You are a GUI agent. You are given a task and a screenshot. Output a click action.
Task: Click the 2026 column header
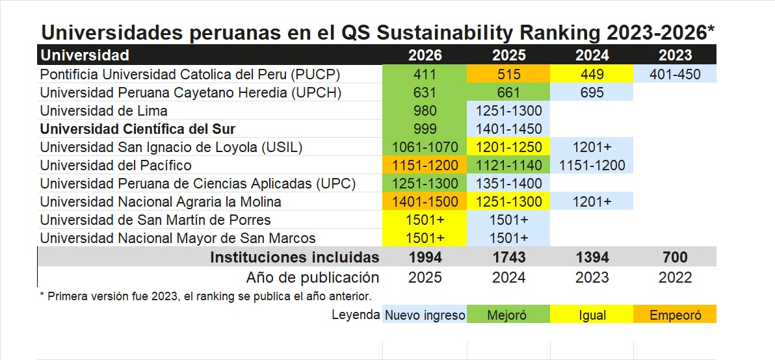pyautogui.click(x=425, y=55)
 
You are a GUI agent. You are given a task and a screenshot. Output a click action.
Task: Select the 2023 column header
pyautogui.click(x=675, y=55)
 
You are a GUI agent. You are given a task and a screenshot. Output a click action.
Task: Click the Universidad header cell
pyautogui.click(x=85, y=55)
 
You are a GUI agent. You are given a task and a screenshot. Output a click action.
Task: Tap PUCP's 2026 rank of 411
pyautogui.click(x=425, y=74)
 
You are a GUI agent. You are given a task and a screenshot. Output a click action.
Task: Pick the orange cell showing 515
pyautogui.click(x=508, y=74)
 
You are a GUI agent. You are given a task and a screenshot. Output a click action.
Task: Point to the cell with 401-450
pyautogui.click(x=675, y=74)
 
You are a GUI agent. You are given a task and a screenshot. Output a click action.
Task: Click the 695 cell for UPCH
pyautogui.click(x=592, y=92)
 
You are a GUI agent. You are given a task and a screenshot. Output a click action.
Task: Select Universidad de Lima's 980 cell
pyautogui.click(x=425, y=110)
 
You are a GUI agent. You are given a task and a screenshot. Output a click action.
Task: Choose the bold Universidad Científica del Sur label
pyautogui.click(x=138, y=129)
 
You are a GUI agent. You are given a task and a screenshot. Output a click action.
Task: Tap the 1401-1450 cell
pyautogui.click(x=508, y=129)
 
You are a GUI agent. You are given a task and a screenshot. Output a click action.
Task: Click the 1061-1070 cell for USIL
pyautogui.click(x=425, y=147)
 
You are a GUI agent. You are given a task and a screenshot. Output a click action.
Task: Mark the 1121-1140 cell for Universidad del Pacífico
pyautogui.click(x=508, y=165)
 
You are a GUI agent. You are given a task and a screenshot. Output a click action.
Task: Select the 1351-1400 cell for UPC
pyautogui.click(x=508, y=183)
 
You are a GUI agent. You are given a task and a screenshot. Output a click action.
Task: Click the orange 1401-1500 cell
pyautogui.click(x=425, y=201)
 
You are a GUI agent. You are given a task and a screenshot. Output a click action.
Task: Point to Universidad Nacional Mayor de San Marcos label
pyautogui.click(x=177, y=238)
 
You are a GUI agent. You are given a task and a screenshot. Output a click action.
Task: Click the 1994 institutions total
pyautogui.click(x=425, y=257)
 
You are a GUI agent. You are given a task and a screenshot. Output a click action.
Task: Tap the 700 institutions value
pyautogui.click(x=675, y=257)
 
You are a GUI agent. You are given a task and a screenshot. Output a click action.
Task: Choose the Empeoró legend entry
pyautogui.click(x=675, y=315)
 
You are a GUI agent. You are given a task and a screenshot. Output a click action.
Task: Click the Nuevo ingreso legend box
pyautogui.click(x=425, y=315)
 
